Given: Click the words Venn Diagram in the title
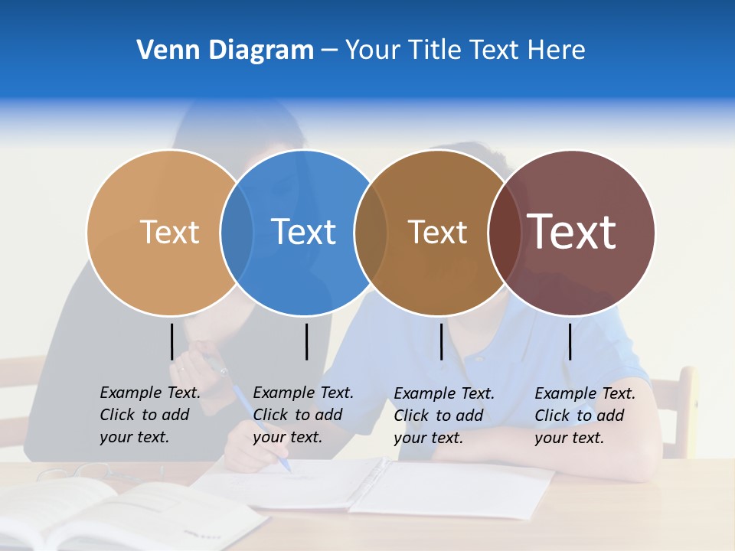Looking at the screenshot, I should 225,51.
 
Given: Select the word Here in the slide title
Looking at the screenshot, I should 557,51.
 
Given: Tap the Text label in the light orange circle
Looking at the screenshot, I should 169,232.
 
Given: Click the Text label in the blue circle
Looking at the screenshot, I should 304,232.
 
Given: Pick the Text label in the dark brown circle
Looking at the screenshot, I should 437,232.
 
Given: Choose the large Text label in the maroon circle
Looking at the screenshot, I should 572,232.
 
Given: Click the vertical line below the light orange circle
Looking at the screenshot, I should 171,341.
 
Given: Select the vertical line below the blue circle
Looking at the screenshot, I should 306,341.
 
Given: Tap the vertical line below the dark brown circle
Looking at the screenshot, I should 441,341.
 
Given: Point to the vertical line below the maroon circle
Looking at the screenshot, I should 570,341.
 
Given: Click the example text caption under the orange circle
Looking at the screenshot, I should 149,415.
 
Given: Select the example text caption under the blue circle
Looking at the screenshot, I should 302,415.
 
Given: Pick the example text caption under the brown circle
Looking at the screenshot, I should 443,416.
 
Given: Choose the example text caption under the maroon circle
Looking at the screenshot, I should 584,416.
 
